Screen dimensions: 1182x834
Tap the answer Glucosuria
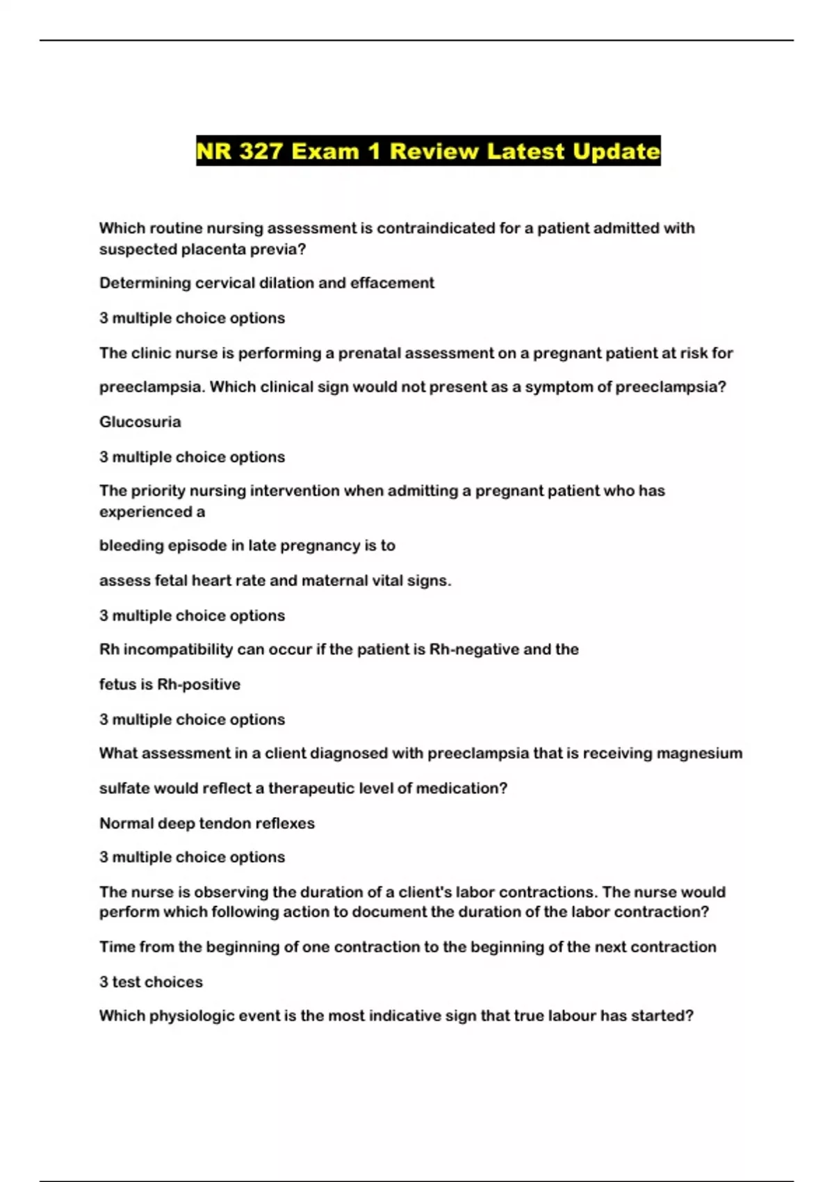coord(140,422)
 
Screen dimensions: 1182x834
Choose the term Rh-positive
coord(199,684)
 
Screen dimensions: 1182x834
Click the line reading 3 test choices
coord(151,982)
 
